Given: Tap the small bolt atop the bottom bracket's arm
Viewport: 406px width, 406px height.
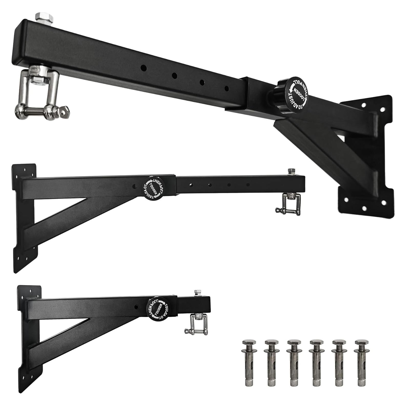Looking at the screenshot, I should click(x=197, y=293).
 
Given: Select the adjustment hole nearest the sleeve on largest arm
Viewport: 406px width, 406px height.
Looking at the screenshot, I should click(x=226, y=89).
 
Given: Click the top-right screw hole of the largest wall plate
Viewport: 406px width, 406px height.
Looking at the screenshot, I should click(x=382, y=109).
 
